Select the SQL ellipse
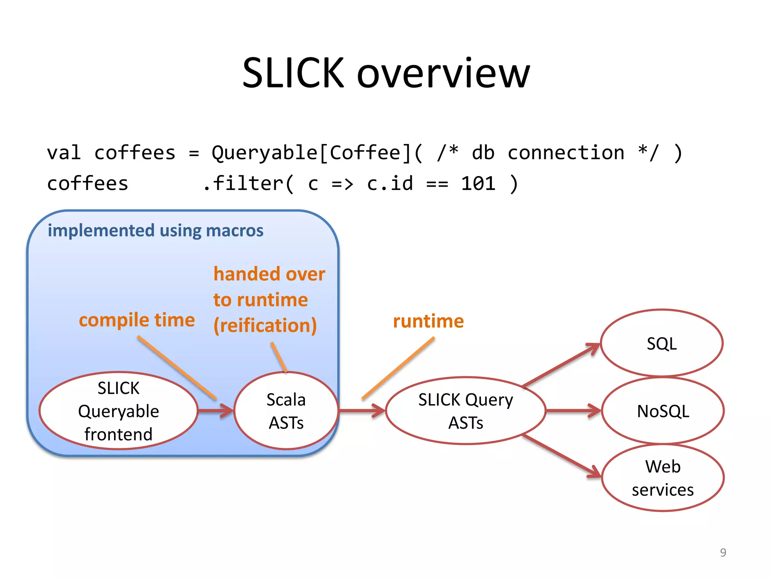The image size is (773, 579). (661, 343)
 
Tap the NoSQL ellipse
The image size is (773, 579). (663, 411)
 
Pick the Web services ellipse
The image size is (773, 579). (663, 478)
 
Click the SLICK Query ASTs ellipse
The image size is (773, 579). (465, 411)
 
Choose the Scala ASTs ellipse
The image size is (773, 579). (286, 411)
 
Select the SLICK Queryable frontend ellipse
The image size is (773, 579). (118, 411)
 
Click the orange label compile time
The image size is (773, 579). (137, 320)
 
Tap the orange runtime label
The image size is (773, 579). (428, 321)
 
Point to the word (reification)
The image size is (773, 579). (265, 325)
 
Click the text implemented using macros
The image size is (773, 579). (155, 230)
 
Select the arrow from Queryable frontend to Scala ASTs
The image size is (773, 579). (216, 411)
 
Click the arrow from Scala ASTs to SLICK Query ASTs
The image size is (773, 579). (362, 411)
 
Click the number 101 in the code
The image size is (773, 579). (478, 184)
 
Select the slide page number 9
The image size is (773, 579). (723, 552)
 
